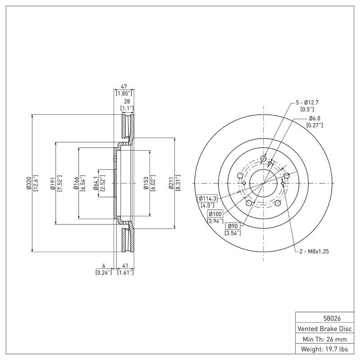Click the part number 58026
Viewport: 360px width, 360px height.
click(x=325, y=317)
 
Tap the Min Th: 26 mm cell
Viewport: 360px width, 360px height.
click(x=325, y=338)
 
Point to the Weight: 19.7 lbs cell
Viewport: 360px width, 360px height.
click(x=325, y=349)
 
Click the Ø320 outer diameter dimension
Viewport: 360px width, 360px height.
click(x=28, y=183)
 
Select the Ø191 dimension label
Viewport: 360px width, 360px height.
click(x=52, y=183)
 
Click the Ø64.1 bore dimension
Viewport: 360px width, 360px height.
click(x=95, y=183)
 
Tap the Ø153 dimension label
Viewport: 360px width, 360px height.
click(x=145, y=183)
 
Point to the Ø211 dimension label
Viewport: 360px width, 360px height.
click(x=171, y=183)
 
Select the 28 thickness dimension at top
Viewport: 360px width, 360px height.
click(x=127, y=102)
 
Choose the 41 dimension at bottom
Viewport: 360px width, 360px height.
click(x=125, y=265)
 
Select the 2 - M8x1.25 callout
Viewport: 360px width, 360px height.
click(x=315, y=252)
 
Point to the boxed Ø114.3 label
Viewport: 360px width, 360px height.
click(x=207, y=198)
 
